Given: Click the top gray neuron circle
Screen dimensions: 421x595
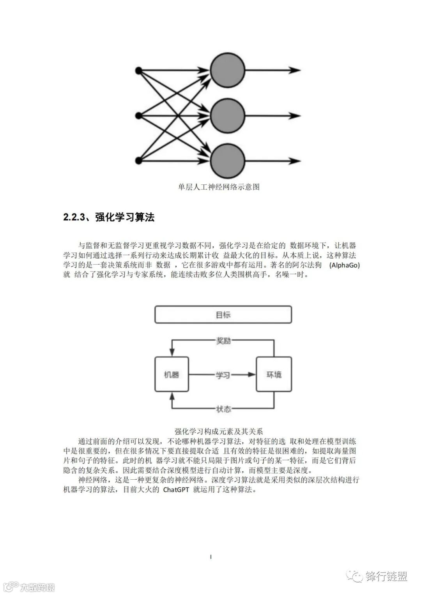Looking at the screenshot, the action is coord(227,71).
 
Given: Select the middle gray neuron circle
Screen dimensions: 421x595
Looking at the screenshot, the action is coord(227,116).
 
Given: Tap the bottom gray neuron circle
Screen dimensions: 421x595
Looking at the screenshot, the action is coord(227,161).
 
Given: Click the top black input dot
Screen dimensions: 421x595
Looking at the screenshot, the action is coord(138,71).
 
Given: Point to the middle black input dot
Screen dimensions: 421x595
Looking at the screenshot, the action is coord(138,116).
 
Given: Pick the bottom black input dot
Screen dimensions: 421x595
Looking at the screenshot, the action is coord(138,161).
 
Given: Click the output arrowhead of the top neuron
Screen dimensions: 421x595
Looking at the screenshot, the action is coord(295,71).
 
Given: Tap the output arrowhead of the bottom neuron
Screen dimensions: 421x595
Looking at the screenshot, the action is coord(295,161).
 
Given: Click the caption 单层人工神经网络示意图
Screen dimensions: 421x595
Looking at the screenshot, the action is coord(219,187).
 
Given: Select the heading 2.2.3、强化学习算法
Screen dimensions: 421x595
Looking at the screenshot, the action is coord(109,217).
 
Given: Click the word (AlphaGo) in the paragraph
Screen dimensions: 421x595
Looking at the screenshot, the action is coord(345,265).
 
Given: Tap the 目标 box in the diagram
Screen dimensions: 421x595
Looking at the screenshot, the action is coord(223,315).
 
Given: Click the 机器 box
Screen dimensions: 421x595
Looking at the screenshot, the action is coord(172,374).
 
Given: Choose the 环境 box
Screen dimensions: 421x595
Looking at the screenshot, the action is coord(274,374).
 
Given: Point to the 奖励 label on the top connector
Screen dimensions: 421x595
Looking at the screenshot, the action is coord(223,341).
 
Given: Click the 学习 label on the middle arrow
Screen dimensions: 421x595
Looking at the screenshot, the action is coord(223,375).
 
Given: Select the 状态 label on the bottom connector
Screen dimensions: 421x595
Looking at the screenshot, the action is coord(223,409).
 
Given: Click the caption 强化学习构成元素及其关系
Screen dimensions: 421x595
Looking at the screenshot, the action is coord(219,431).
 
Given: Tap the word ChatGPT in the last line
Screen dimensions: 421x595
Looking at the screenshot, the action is coord(176,490).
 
